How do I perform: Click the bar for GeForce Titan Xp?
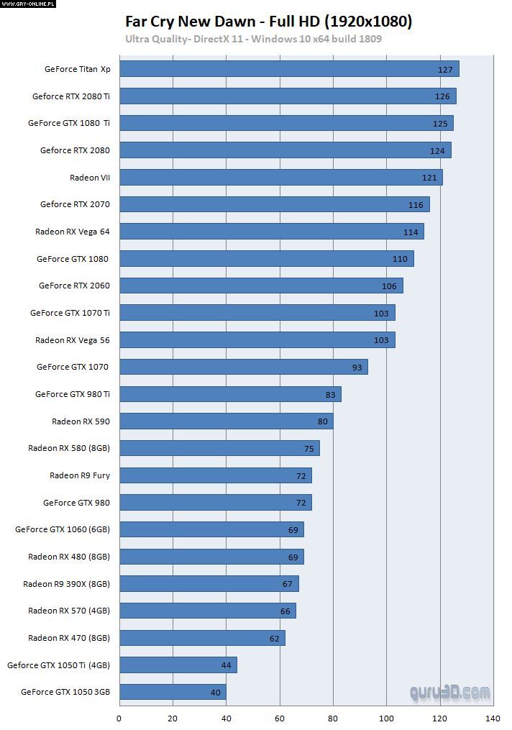coord(288,69)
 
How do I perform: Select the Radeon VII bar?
coord(280,177)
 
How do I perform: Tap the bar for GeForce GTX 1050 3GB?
coord(172,692)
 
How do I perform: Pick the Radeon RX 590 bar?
coord(226,421)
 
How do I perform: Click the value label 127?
coord(445,70)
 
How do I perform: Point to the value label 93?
coord(357,368)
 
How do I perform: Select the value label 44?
coord(227,665)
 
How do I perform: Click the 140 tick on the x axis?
coord(493,718)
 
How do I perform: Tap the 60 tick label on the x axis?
coord(280,718)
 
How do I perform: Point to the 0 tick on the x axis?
coord(119,718)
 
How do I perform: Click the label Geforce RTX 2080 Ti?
coord(71,96)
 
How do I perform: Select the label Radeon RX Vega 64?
coord(73,231)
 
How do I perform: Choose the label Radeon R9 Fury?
coord(80,475)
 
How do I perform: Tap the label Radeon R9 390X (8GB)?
coord(66,583)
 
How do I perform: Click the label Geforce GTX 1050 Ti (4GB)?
coord(58,665)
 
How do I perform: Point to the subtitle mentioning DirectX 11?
coord(253,38)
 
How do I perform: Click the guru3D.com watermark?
coord(450,693)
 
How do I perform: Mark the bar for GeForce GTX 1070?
coord(243,367)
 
